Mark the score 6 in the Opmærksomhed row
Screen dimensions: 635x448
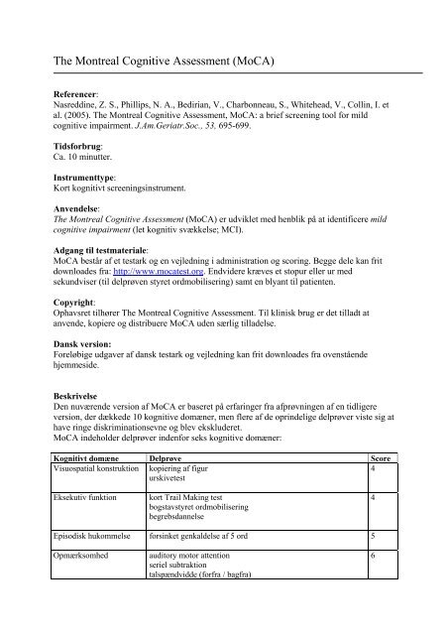coord(372,558)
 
